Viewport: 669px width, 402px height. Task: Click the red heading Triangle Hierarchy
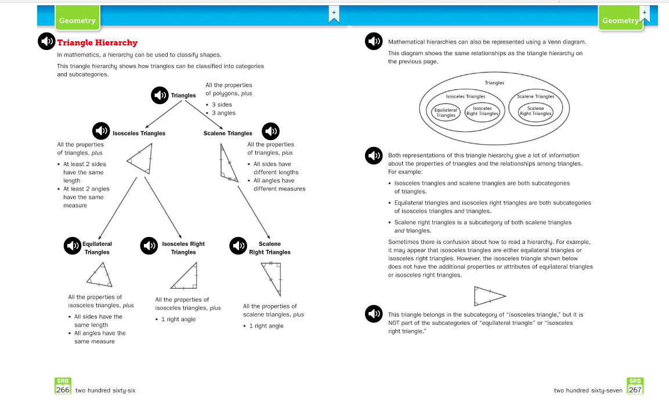97,42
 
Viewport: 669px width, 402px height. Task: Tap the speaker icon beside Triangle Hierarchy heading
46,42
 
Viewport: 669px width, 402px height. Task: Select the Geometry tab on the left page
77,20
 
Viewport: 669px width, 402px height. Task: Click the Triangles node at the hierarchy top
183,95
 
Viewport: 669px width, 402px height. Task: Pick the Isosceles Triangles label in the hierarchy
139,133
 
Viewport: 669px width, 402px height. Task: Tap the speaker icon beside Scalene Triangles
271,131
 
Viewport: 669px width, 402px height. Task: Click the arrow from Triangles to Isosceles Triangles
163,115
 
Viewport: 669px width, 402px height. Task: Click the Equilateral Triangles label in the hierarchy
97,248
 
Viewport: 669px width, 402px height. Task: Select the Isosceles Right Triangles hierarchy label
183,248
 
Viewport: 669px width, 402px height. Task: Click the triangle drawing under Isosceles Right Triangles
185,277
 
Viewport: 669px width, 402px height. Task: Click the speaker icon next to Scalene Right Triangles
238,246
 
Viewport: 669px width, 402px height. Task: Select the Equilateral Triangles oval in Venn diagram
446,112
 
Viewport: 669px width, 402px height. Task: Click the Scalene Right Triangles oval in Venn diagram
536,111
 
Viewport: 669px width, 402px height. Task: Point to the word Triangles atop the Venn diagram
494,83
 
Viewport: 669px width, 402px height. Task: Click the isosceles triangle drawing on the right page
486,296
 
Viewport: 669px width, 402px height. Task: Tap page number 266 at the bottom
63,390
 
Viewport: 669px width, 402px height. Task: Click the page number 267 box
635,390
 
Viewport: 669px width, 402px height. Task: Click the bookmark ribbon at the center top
334,15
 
